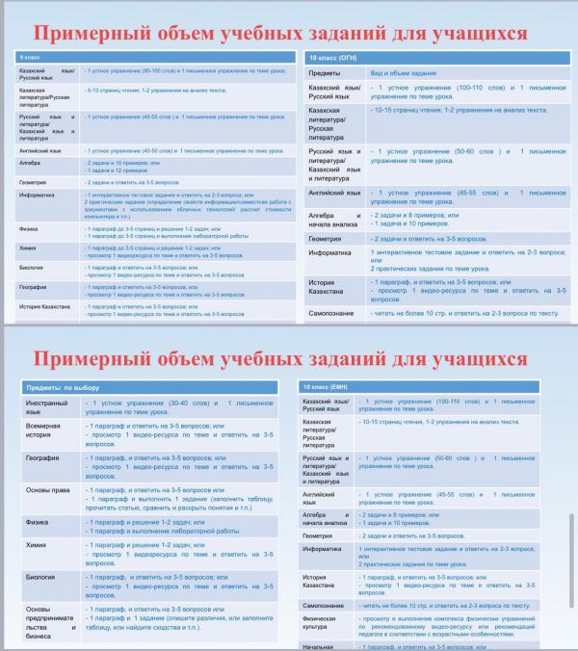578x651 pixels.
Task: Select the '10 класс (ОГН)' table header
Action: pyautogui.click(x=332, y=59)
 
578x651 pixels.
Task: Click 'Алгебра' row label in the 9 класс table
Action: pyautogui.click(x=30, y=165)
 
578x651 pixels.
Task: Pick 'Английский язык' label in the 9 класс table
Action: pyautogui.click(x=40, y=151)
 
